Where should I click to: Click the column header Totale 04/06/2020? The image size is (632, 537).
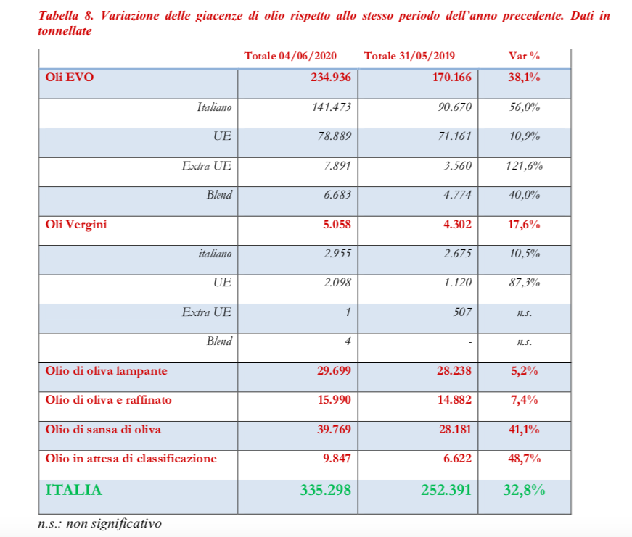coord(290,57)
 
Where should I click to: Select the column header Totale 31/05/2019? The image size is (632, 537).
coord(409,57)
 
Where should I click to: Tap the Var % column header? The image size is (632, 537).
coord(525,57)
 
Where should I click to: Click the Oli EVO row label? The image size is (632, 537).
coord(69,78)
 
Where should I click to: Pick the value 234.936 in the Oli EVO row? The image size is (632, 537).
coord(331,78)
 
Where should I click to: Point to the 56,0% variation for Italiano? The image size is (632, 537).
coord(525,107)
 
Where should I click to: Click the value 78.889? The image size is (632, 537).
coord(334,136)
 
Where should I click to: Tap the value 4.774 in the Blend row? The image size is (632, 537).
coord(456,195)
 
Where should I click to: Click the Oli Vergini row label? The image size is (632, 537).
coord(75,225)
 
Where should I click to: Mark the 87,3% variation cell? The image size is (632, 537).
coord(525,283)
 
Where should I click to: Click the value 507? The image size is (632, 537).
coord(461,312)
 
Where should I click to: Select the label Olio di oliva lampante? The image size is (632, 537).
coord(106,371)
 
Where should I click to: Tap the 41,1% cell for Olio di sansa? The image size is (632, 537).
coord(524,430)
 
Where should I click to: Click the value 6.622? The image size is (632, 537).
coord(456,459)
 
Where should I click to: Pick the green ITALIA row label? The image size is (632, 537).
coord(73,490)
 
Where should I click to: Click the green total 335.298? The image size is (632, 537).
coord(325,490)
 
